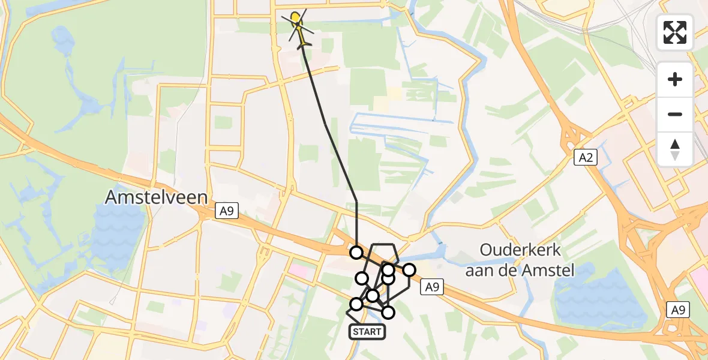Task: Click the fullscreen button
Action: coord(675,32)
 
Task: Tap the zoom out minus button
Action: coord(675,114)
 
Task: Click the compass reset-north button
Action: coord(675,149)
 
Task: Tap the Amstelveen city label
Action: coord(156,197)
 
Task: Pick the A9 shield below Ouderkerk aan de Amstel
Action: coord(431,287)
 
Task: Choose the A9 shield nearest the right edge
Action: coord(679,310)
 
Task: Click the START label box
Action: coord(366,332)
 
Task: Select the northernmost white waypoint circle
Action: coord(357,253)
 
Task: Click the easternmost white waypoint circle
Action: coord(409,270)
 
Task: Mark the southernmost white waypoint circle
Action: coord(388,312)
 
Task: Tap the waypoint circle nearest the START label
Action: coord(356,304)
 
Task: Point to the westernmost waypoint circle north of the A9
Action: coord(357,253)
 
